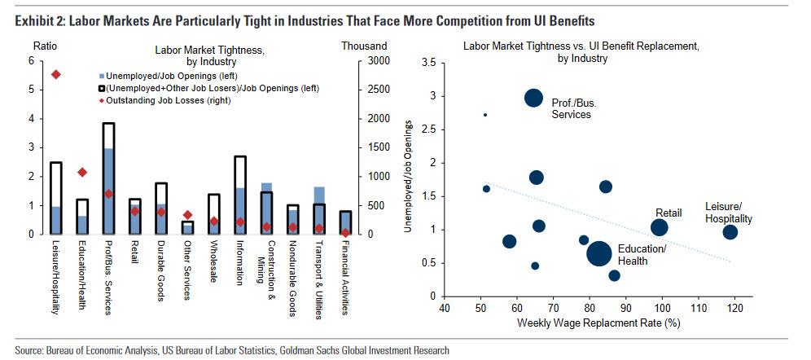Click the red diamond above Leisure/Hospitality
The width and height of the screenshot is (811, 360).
point(55,75)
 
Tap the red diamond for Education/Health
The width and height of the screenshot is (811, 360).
point(81,172)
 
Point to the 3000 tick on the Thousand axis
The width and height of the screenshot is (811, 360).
point(376,61)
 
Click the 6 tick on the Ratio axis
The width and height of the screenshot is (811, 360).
point(31,61)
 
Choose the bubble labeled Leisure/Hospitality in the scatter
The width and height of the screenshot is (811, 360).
point(730,232)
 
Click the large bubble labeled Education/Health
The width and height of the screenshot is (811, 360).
point(599,254)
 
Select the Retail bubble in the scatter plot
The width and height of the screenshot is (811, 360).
point(660,228)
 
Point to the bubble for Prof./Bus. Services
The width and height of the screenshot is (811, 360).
point(533,98)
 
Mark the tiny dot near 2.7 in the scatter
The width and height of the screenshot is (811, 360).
point(485,115)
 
